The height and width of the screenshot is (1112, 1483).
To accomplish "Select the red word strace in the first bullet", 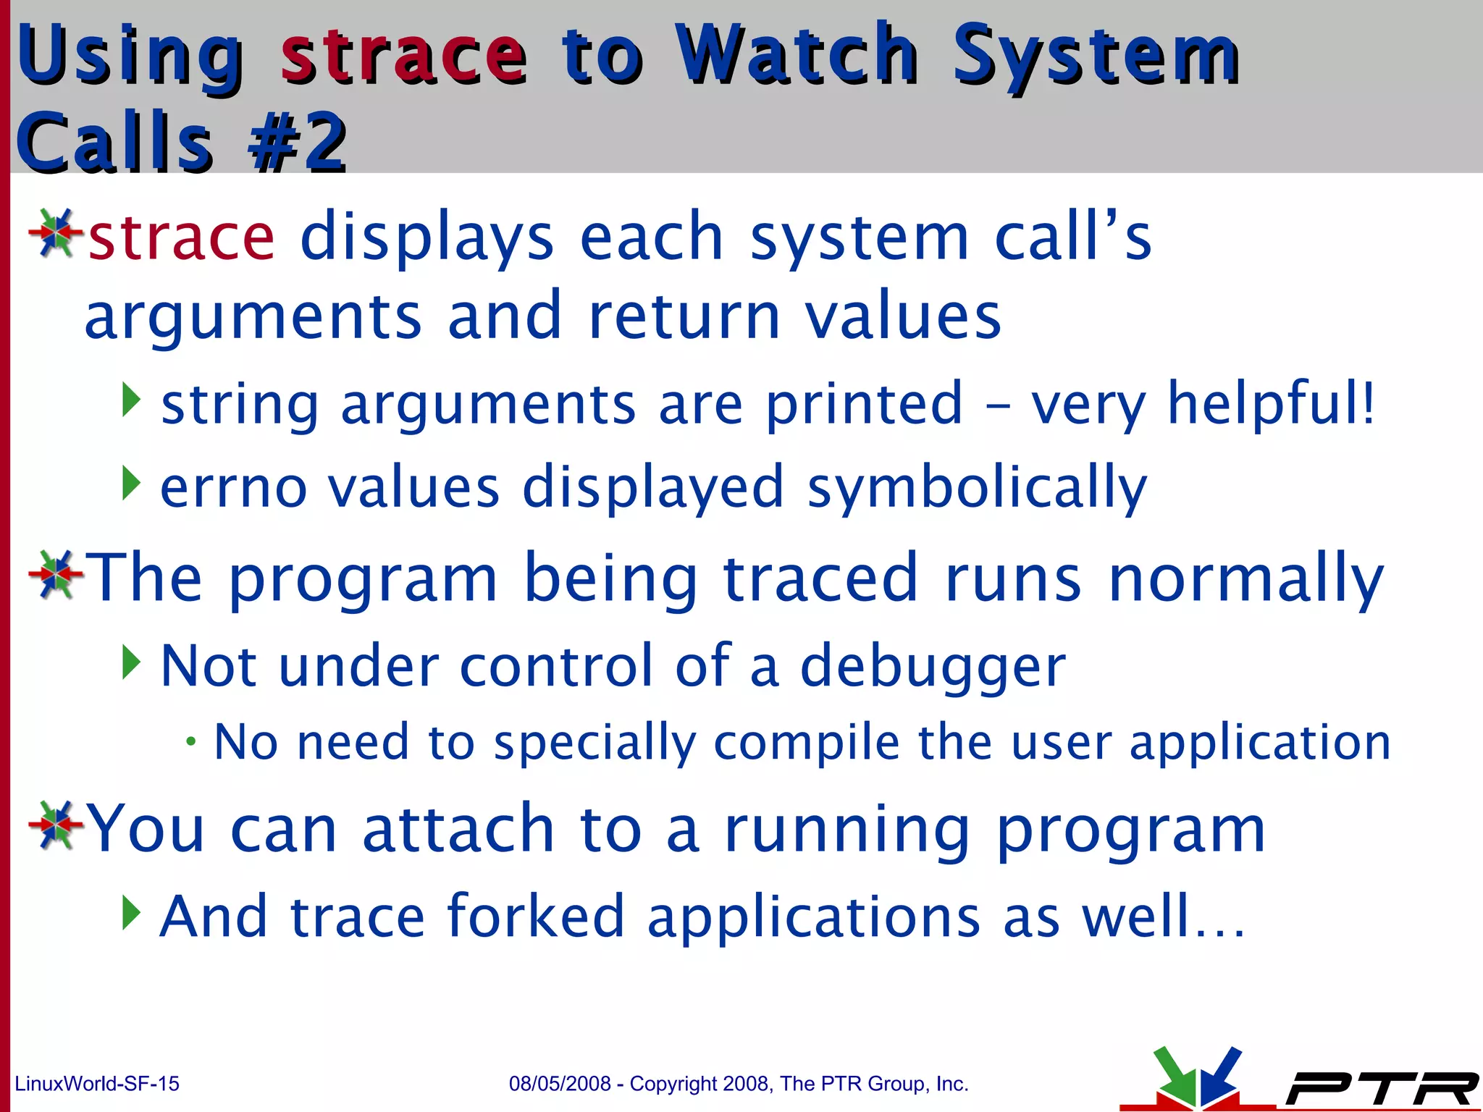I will (x=181, y=237).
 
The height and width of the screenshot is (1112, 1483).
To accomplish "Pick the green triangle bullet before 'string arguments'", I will (x=130, y=400).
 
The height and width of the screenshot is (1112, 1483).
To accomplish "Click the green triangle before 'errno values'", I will (x=130, y=484).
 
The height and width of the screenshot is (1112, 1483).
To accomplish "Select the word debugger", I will (x=933, y=666).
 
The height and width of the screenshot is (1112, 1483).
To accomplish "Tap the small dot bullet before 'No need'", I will (x=190, y=742).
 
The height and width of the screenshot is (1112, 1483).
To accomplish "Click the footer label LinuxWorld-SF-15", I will (x=97, y=1084).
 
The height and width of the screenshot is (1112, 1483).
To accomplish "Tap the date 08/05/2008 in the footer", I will (x=560, y=1084).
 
